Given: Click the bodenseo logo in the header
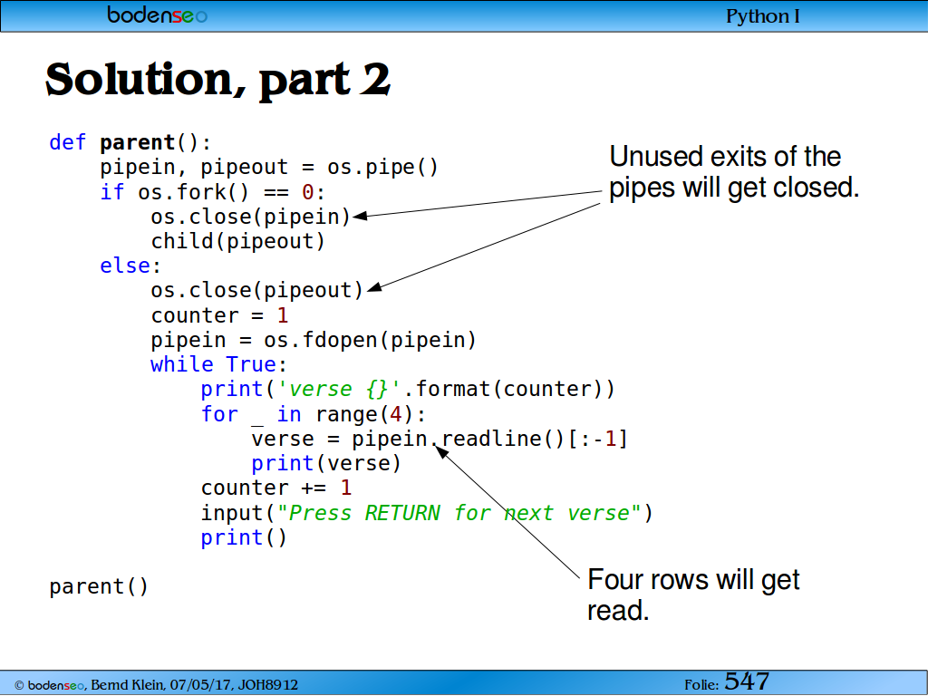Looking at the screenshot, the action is [158, 14].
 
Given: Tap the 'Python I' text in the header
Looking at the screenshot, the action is [763, 16].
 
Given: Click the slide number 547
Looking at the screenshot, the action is [747, 681].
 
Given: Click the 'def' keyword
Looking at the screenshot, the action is [67, 142].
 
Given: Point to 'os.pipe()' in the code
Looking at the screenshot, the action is [382, 168].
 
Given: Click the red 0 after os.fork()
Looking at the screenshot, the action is [308, 192].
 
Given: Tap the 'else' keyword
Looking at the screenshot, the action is [125, 266].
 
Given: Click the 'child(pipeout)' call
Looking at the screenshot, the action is [238, 241].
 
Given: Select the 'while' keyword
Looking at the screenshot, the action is [181, 364].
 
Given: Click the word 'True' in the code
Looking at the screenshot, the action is [251, 364].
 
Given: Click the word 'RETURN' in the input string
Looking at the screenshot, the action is [402, 513].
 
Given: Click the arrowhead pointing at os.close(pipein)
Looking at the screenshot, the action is [359, 216].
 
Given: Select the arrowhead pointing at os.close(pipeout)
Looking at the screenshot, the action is [373, 288].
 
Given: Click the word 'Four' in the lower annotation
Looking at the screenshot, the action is [617, 579].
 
